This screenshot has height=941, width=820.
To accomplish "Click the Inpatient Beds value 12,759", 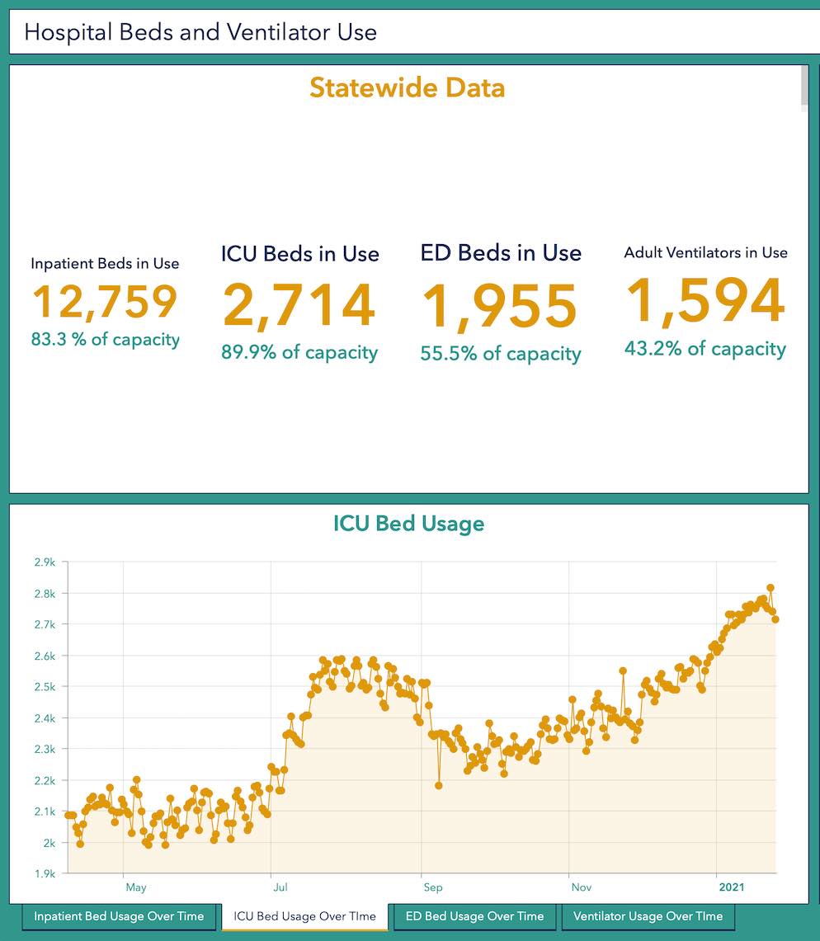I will point(105,302).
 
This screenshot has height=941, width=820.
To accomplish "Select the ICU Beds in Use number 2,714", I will point(299,306).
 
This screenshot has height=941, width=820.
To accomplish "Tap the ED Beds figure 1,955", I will point(500,308).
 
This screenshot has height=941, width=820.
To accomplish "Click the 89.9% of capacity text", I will point(299,353).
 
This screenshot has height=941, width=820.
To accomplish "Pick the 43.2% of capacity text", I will point(705,349).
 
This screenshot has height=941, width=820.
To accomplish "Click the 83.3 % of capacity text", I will point(105,339).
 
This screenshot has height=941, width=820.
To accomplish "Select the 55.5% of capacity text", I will point(500,354).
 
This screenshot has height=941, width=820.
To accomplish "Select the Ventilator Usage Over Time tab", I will point(648,916).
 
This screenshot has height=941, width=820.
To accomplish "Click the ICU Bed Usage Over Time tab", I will point(304,916).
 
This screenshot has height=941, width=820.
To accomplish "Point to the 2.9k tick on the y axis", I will point(45,562).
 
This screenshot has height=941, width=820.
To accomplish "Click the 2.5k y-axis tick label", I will point(45,687).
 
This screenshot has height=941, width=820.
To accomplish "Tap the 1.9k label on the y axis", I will point(45,873).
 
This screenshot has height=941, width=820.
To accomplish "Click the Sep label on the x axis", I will point(433,887).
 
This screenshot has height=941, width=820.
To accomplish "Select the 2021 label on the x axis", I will point(731,887).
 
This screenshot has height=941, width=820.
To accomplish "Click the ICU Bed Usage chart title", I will point(408,524).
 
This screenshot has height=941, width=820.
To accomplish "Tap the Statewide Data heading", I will point(408,87).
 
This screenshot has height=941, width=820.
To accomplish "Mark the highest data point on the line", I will point(771,588).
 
